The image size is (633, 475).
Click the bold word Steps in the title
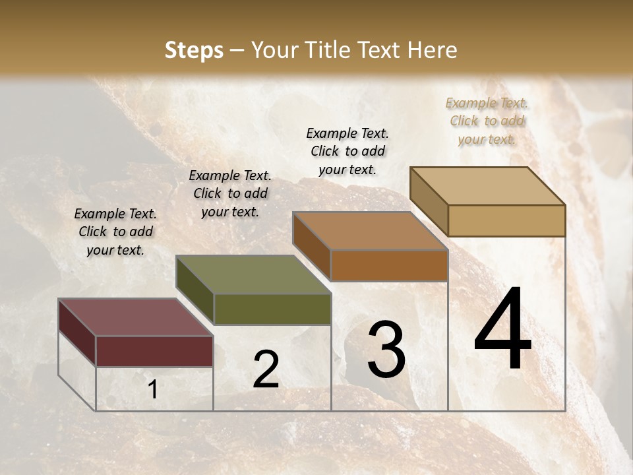pos(194,50)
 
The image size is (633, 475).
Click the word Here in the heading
pos(429,50)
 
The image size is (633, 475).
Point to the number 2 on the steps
pos(266,369)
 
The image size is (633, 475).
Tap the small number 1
pos(152,390)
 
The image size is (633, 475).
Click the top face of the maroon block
pos(135,317)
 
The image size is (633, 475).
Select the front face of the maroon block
pos(154,351)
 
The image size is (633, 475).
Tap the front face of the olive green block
pos(272,309)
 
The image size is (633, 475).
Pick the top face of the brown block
pos(370,231)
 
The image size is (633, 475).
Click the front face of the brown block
pos(389,265)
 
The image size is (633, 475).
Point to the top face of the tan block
pos(487,186)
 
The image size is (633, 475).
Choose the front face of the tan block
pos(506,220)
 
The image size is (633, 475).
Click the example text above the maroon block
pos(115,232)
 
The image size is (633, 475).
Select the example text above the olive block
pos(230,193)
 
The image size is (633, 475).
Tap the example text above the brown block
pos(347,151)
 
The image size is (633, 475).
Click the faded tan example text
pos(487,121)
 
